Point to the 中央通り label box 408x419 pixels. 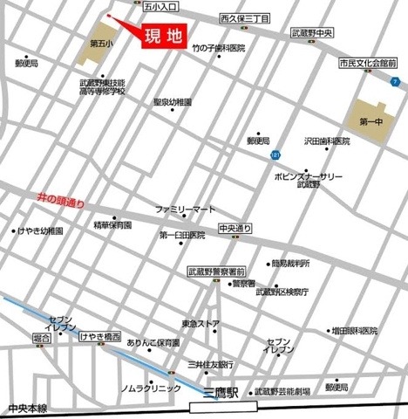coord(235,229)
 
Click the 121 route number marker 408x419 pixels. coord(275,155)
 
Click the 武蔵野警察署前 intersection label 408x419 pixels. coord(217,271)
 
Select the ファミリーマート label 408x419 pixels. coord(184,210)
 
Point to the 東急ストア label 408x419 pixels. coord(201,324)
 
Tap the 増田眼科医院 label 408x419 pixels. coord(354,331)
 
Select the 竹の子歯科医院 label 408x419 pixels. coord(219,47)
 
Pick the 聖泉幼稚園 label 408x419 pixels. coord(172,101)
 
